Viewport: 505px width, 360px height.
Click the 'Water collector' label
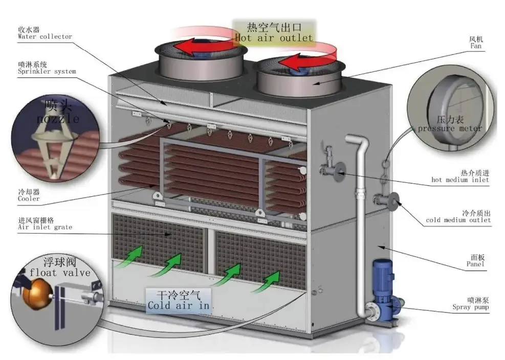[45, 36]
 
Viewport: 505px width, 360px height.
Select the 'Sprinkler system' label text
[47, 72]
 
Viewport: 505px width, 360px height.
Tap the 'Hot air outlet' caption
[273, 38]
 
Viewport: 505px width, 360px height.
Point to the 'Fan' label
[475, 46]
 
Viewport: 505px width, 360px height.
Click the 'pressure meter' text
[450, 128]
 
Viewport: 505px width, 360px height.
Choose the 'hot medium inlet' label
[460, 180]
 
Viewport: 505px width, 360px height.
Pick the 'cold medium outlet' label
[458, 220]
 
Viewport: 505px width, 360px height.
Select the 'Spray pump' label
[470, 308]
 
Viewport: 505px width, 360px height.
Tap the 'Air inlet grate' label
[45, 227]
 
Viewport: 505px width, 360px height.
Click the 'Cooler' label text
[29, 199]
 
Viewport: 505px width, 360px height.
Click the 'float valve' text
[60, 273]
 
